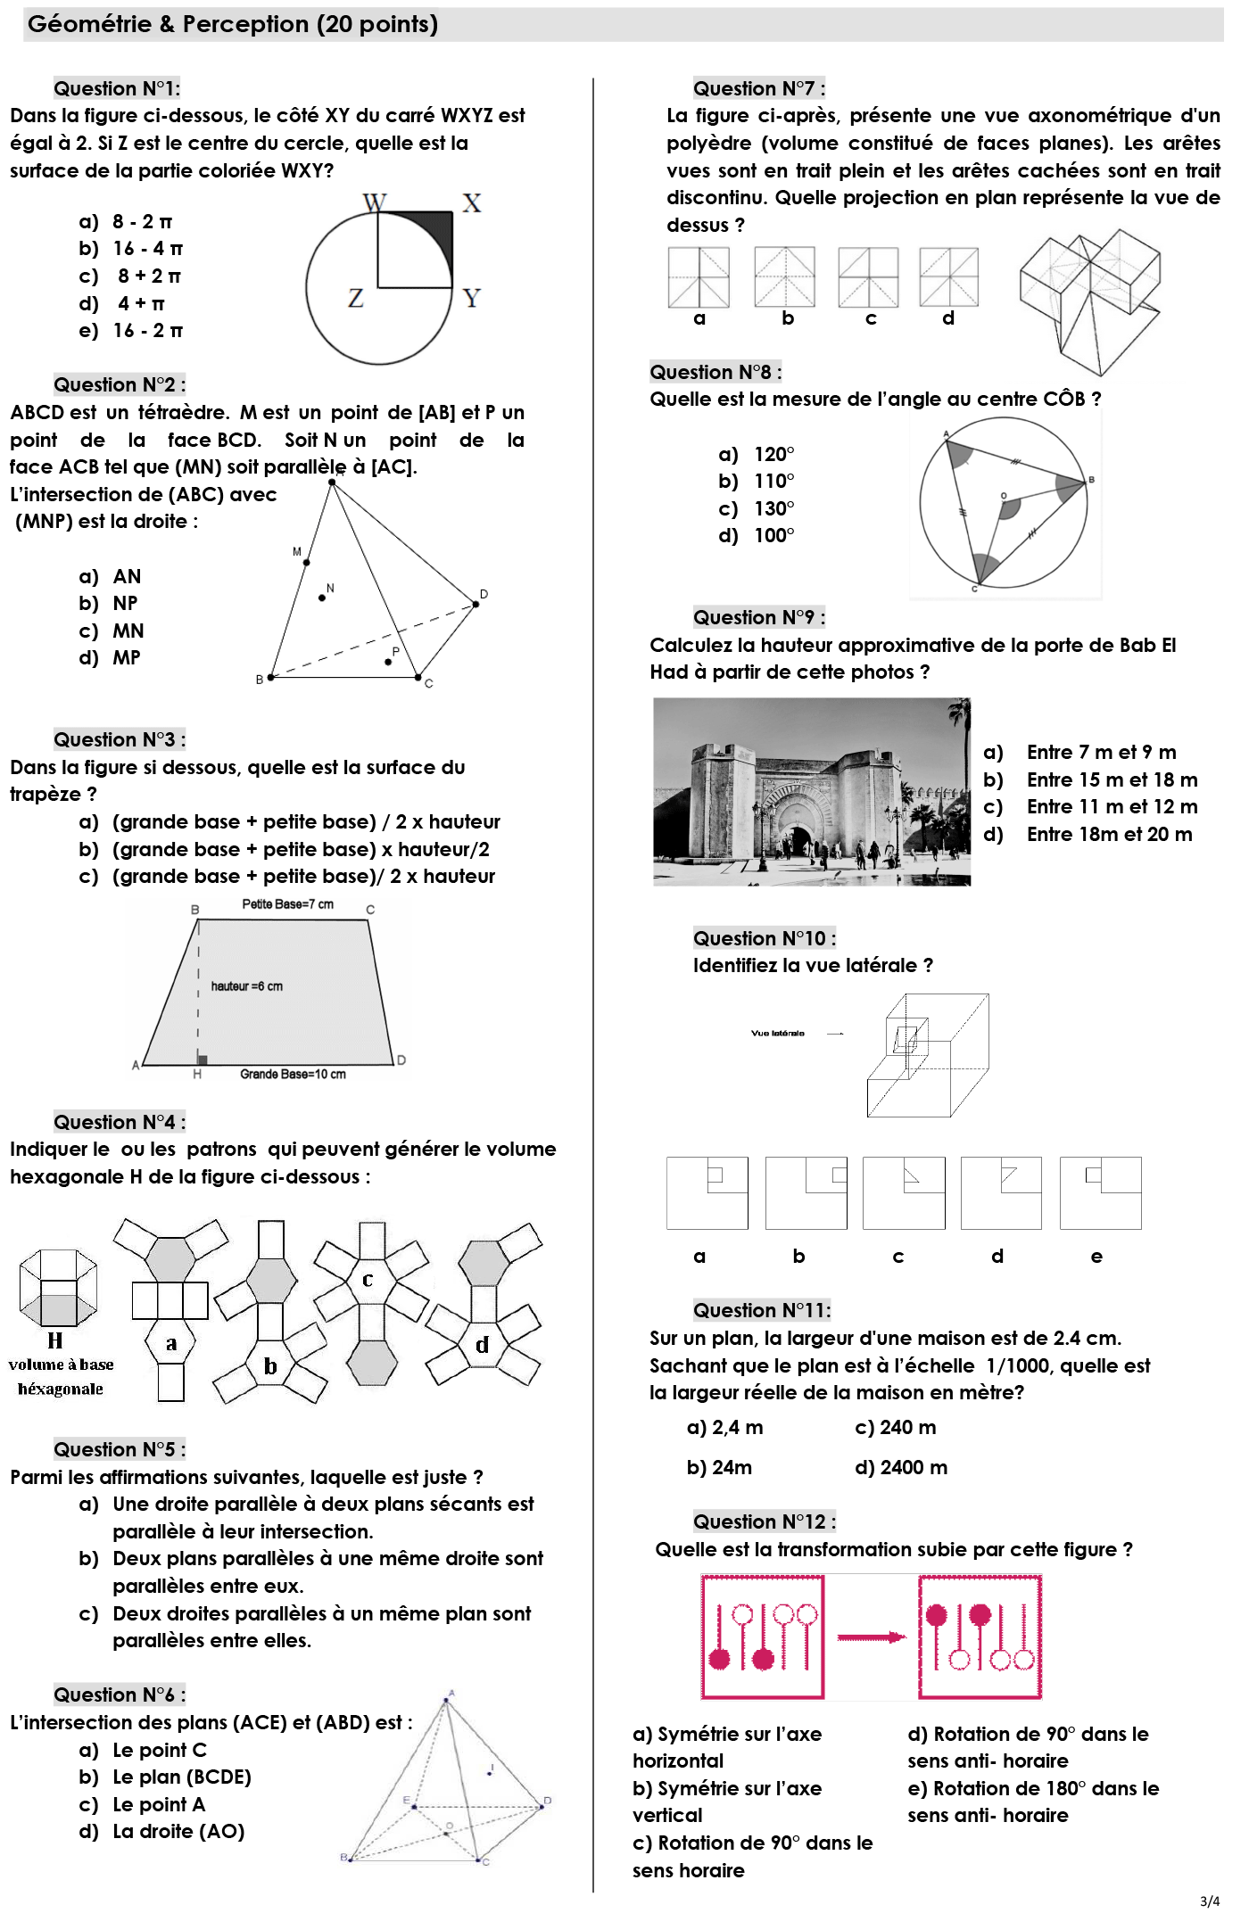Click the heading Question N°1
point(116,88)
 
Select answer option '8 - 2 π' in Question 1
point(142,221)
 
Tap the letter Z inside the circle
point(355,298)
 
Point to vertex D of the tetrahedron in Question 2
point(476,604)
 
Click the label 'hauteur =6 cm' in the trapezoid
point(246,986)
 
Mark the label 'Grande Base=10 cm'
point(293,1074)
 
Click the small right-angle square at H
point(203,1060)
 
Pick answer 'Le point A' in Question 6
point(159,1804)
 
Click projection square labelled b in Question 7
point(784,277)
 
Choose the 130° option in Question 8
point(773,508)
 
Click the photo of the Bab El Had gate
point(811,791)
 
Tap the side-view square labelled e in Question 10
point(1100,1193)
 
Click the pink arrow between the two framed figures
point(871,1637)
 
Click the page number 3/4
point(1209,1901)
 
